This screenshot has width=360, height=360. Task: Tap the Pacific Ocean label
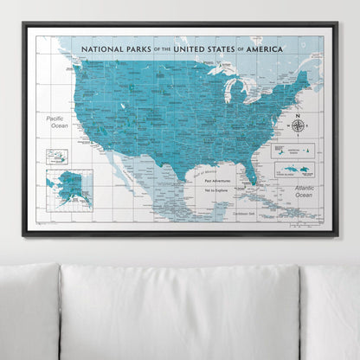point(60,122)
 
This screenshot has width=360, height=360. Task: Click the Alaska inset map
point(69,189)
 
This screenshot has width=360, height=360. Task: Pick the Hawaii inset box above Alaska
point(56,156)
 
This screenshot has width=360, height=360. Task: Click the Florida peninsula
point(251,168)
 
